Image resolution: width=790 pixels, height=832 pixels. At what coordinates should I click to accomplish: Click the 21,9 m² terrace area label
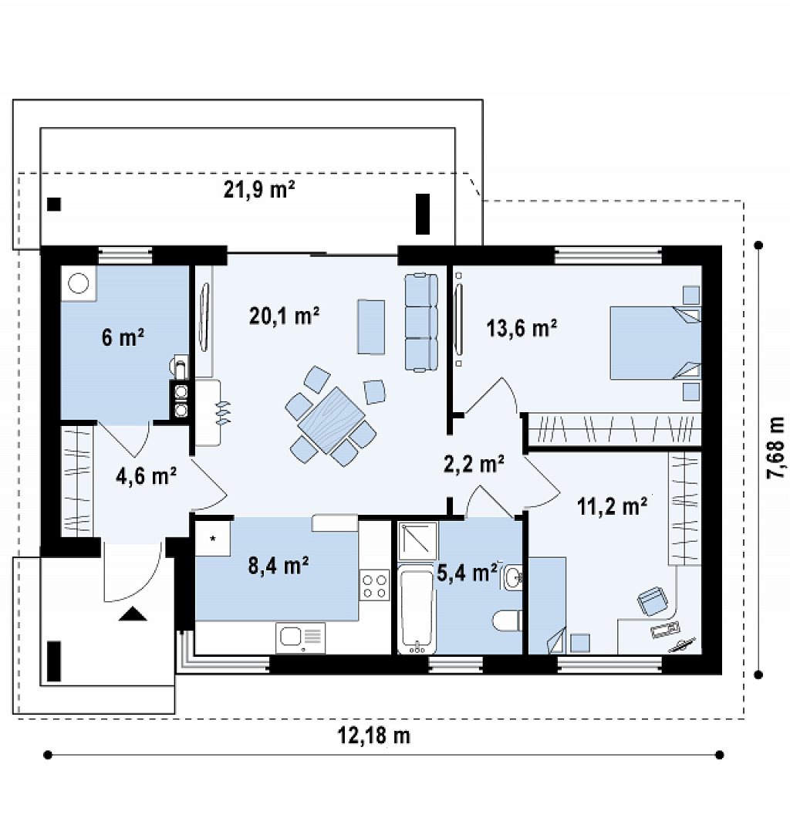coord(259,189)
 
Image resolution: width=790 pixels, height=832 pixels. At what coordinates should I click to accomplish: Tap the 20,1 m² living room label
coord(285,316)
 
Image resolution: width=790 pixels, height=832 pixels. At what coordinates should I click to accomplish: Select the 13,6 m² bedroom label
coord(522,328)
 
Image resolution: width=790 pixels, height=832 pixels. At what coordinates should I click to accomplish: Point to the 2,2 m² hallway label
coord(474,464)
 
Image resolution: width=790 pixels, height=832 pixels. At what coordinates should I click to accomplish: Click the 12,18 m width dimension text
coord(374,736)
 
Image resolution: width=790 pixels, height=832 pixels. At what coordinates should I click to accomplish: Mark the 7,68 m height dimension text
coord(775,448)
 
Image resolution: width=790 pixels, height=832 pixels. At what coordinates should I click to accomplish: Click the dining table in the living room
coord(331,420)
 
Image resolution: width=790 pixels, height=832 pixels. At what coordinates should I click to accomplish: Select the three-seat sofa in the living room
coord(421,322)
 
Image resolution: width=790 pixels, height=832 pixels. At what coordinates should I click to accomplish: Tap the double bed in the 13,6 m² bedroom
coord(655,342)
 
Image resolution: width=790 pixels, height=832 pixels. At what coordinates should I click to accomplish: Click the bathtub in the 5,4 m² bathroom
coord(417,610)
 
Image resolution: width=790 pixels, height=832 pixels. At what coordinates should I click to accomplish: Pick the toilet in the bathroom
coord(508,621)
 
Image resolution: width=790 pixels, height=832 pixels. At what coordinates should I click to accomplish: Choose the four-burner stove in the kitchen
coord(374,585)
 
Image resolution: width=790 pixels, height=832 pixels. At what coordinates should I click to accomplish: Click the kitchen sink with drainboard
coord(300,638)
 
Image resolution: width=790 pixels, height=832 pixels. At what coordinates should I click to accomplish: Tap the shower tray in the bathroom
coord(417,541)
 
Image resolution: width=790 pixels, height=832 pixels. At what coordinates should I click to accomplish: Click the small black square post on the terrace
coord(53,205)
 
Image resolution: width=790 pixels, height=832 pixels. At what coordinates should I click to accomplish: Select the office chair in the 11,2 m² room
coord(652,601)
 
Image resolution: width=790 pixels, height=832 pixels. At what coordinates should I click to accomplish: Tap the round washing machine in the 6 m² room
coord(79,282)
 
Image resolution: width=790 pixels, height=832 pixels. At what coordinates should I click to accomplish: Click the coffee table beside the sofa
coord(371,326)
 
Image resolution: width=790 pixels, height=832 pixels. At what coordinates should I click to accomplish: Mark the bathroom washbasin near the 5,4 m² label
coord(512,577)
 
